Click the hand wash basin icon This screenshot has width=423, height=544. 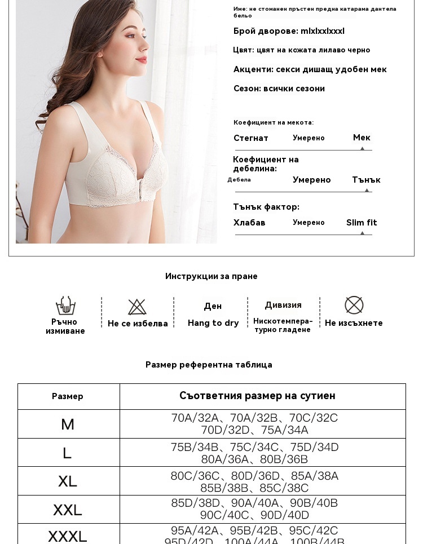[65, 306]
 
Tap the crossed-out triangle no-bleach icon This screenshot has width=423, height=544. [137, 307]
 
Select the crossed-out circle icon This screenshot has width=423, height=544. [354, 305]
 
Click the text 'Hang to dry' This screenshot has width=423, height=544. [213, 323]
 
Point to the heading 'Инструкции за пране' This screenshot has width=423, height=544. [211, 276]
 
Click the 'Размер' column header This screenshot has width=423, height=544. [68, 396]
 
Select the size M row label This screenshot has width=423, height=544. [68, 424]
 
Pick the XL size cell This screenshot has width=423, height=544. [68, 481]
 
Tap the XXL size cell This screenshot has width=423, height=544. [68, 510]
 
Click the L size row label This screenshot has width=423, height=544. [68, 453]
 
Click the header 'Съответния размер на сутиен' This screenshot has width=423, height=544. [257, 396]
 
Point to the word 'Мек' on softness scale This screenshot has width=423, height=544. [362, 138]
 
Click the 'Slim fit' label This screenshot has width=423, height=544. [362, 223]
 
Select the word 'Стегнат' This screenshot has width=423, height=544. [251, 138]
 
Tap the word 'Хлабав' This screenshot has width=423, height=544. [249, 223]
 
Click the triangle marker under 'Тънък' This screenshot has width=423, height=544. [367, 191]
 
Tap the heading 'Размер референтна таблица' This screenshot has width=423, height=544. [209, 365]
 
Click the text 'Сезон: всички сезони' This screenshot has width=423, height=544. [279, 89]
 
